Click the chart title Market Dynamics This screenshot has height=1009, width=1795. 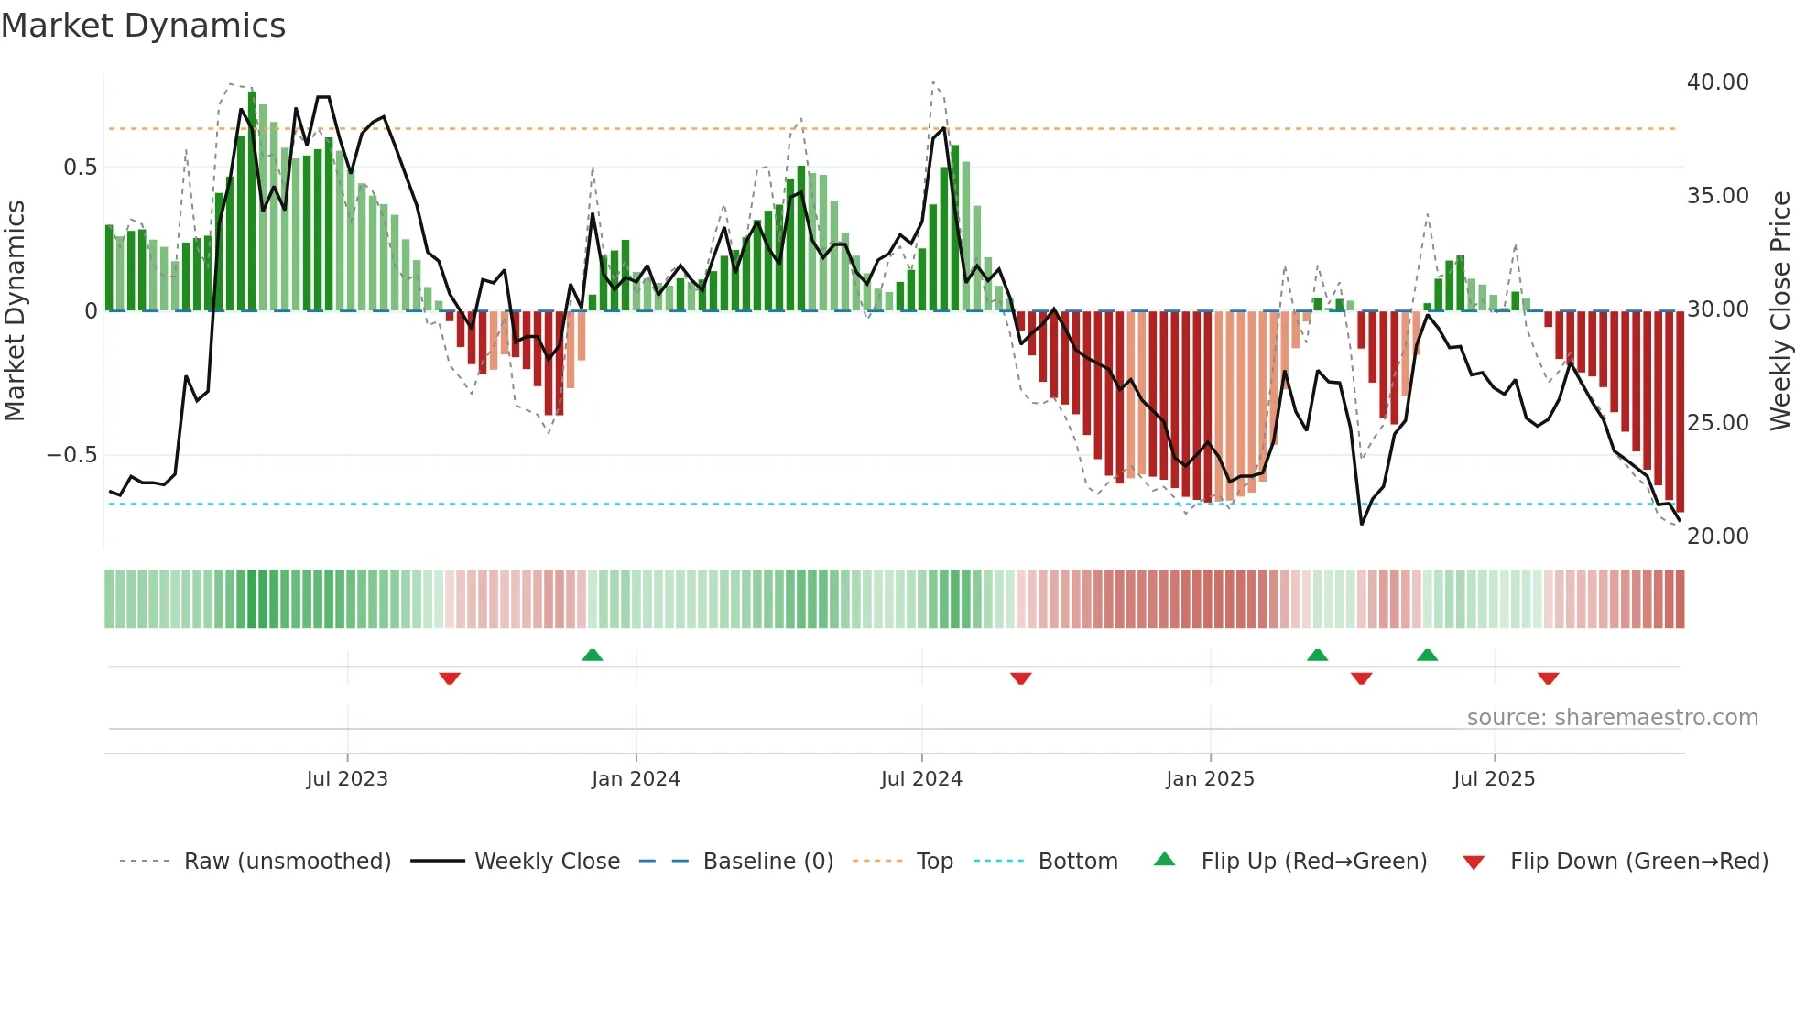tap(144, 26)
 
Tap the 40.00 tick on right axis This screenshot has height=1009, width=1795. tap(1717, 82)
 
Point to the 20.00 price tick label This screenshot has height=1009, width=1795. tap(1717, 537)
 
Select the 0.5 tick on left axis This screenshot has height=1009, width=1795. tap(80, 168)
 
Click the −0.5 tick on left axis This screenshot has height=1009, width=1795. tap(71, 455)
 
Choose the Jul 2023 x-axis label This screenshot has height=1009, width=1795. tap(347, 779)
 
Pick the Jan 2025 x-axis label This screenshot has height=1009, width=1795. tap(1210, 779)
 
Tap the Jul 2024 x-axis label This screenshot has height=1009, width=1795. tap(921, 779)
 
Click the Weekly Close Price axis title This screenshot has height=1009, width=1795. tap(1779, 311)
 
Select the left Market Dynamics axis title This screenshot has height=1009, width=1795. tap(15, 311)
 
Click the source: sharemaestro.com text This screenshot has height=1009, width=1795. tap(1612, 718)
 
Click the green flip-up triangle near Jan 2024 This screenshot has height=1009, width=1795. tap(593, 655)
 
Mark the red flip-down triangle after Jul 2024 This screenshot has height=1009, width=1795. tap(1021, 678)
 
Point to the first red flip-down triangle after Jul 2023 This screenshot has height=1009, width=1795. tap(450, 678)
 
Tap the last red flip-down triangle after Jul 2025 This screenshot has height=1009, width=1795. tap(1549, 678)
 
